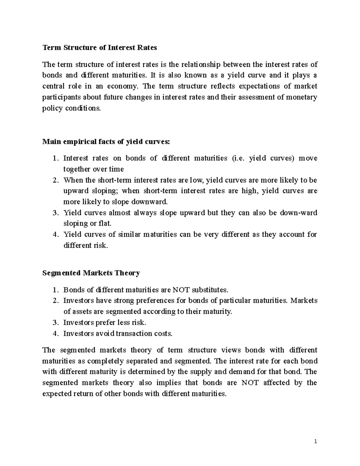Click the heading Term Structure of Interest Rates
[100, 47]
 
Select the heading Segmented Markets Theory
[91, 273]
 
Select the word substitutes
[210, 290]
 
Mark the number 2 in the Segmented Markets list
[54, 301]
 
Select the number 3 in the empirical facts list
[54, 213]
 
